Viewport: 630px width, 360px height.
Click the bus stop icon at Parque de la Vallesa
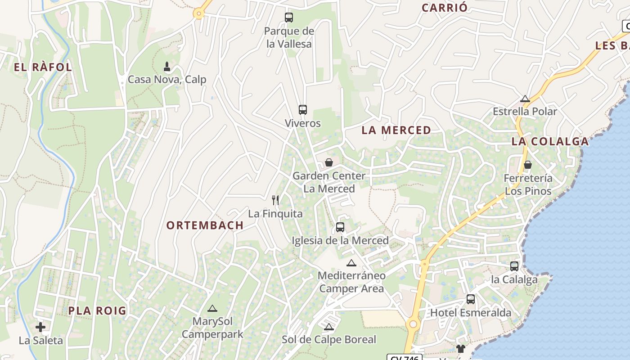(289, 18)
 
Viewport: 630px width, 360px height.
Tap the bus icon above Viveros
(303, 109)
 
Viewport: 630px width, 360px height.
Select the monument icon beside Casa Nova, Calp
(167, 67)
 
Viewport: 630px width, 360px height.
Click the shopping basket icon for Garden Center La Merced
(329, 162)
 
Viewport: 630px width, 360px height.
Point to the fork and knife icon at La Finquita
(275, 200)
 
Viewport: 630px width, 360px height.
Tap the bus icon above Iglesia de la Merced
(340, 227)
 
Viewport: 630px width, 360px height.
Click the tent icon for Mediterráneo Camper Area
(351, 263)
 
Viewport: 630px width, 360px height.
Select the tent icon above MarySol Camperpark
(212, 309)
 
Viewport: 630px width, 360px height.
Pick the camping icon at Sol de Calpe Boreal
(329, 327)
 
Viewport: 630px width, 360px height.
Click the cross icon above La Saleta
(40, 327)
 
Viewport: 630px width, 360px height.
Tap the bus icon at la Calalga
(514, 266)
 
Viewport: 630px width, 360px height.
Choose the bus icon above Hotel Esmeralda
(471, 299)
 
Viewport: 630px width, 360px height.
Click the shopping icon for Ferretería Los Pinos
(528, 165)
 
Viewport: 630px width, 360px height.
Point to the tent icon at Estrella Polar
(525, 99)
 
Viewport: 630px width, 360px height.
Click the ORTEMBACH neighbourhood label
(205, 225)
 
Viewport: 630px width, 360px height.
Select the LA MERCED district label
(396, 130)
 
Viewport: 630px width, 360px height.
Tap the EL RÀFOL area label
(43, 67)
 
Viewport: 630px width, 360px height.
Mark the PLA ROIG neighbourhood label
(98, 311)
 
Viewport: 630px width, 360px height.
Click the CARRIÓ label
(445, 8)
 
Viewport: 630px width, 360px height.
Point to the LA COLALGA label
(550, 141)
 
